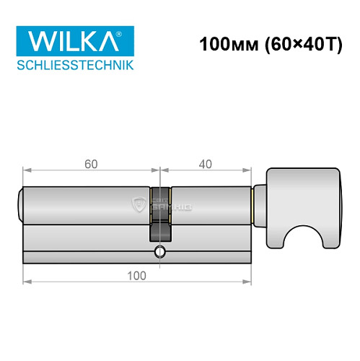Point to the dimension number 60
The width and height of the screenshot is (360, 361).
[x=91, y=163]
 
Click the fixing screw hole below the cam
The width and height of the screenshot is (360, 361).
[x=159, y=252]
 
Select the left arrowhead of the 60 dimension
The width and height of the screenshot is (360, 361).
[x=25, y=171]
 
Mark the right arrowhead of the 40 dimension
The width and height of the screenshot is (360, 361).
[x=248, y=171]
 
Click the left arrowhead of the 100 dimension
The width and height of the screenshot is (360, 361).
[x=25, y=283]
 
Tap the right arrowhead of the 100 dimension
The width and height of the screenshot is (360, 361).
[x=248, y=283]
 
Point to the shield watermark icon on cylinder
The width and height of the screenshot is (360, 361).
[x=140, y=204]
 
